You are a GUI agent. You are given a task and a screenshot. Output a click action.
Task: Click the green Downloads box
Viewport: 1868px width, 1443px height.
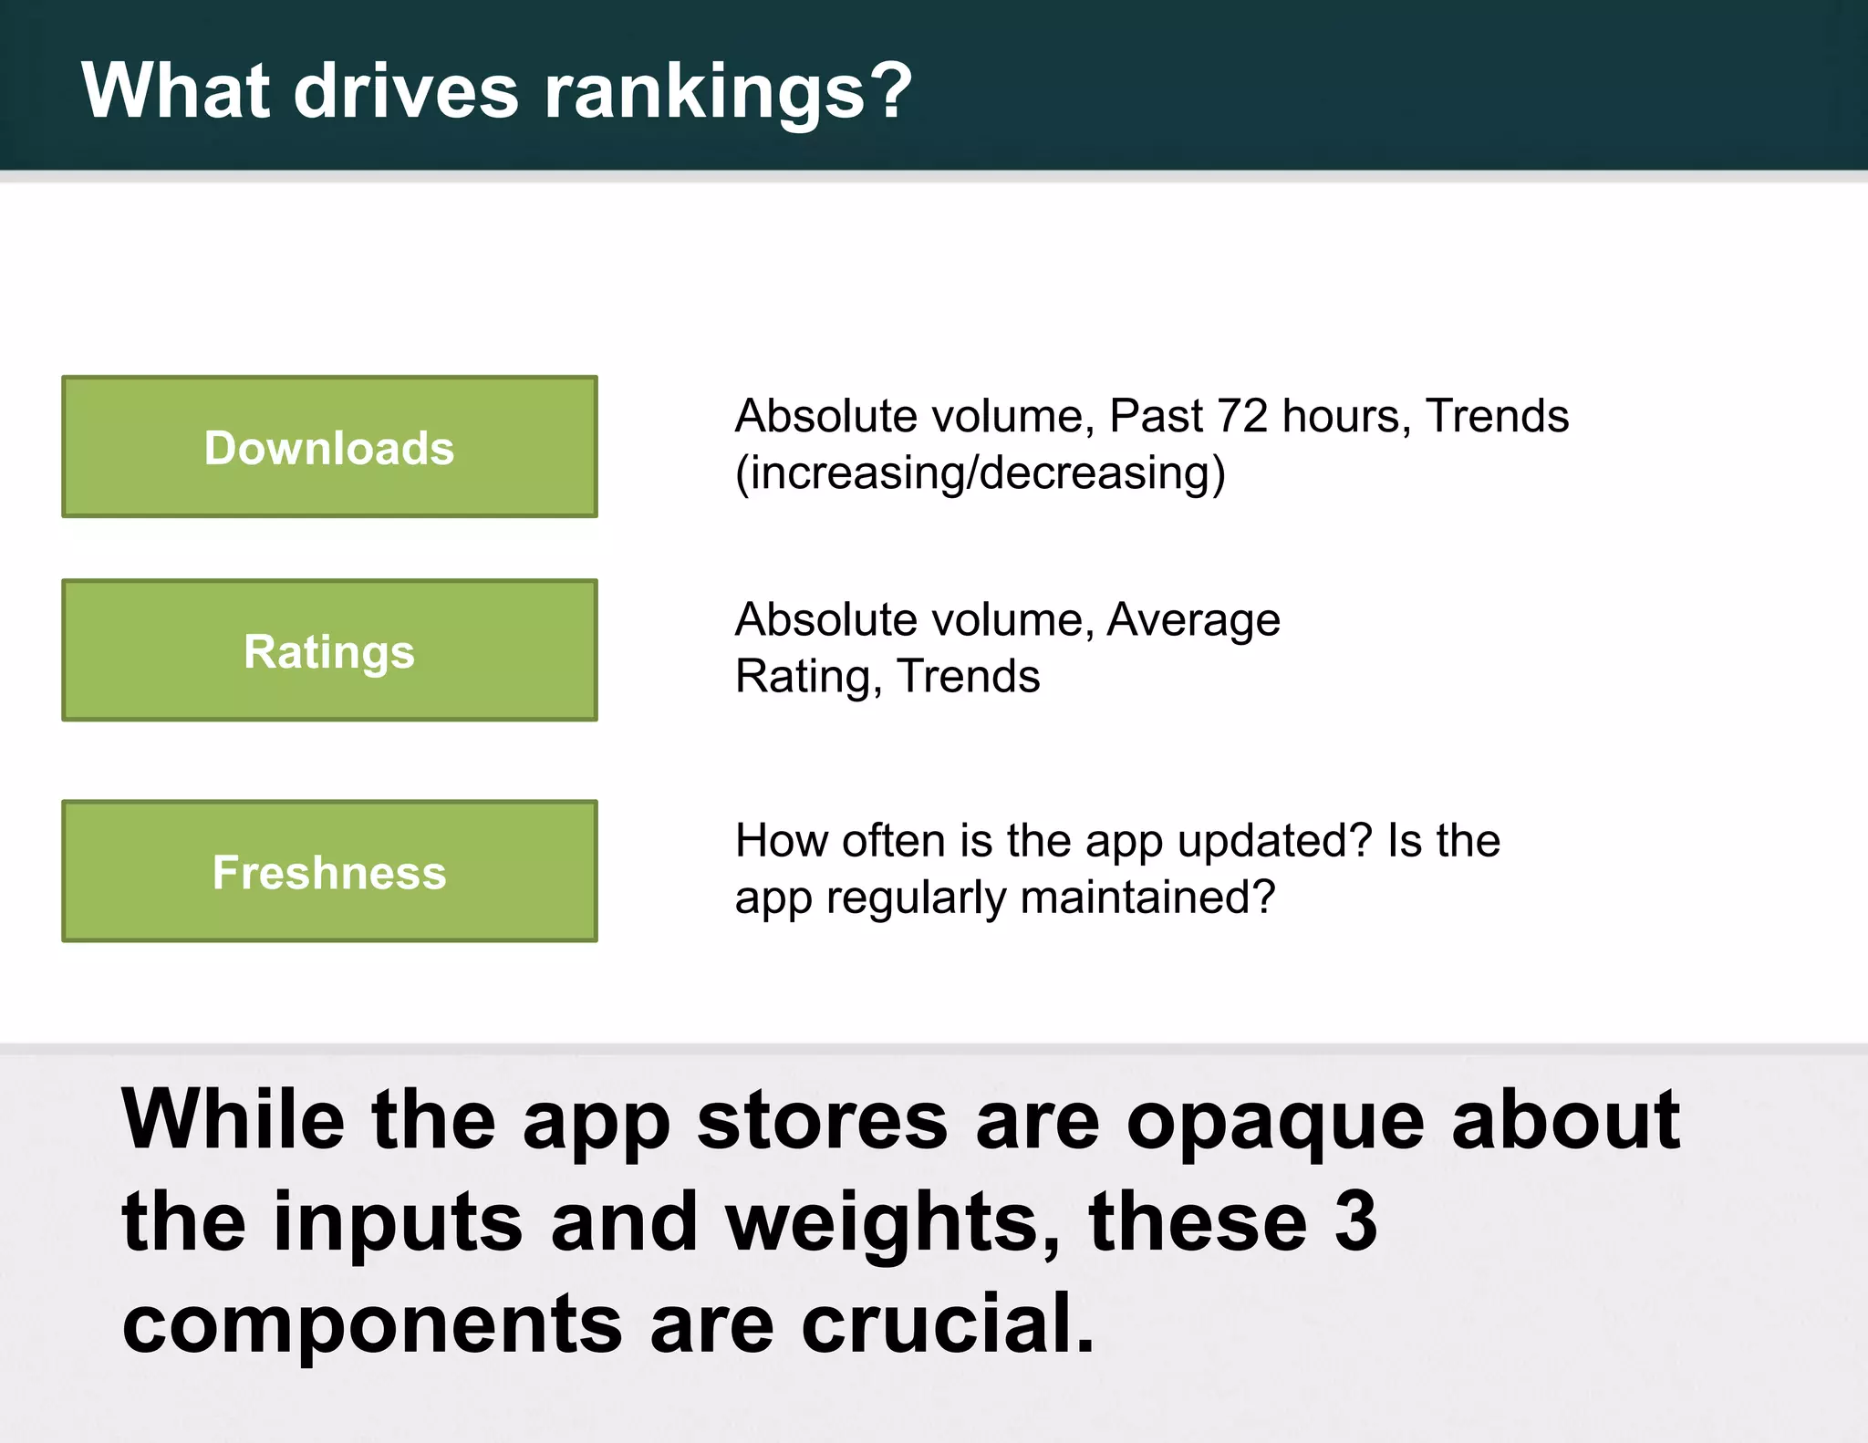coord(329,447)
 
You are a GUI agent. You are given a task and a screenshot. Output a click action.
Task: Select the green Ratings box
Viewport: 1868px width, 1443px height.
coord(329,650)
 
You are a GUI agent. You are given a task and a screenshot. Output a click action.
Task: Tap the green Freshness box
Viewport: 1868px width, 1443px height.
coord(329,871)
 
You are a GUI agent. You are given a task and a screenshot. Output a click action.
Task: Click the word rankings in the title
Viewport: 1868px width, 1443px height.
coord(704,92)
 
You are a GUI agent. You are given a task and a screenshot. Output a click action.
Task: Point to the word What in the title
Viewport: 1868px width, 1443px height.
coord(176,90)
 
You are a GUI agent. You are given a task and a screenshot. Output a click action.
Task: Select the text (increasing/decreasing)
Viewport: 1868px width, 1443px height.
coord(981,473)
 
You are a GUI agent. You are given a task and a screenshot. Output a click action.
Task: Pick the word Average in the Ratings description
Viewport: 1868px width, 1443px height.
coord(1193,620)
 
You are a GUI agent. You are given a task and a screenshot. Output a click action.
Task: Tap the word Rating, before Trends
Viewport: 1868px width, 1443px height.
coord(808,677)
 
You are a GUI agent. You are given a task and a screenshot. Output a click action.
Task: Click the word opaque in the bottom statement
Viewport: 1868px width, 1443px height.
coord(1275,1122)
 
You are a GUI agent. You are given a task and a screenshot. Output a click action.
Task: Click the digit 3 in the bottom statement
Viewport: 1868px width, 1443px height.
coord(1355,1222)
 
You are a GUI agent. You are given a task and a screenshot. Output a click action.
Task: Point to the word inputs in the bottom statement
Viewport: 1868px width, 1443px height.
coord(398,1222)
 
